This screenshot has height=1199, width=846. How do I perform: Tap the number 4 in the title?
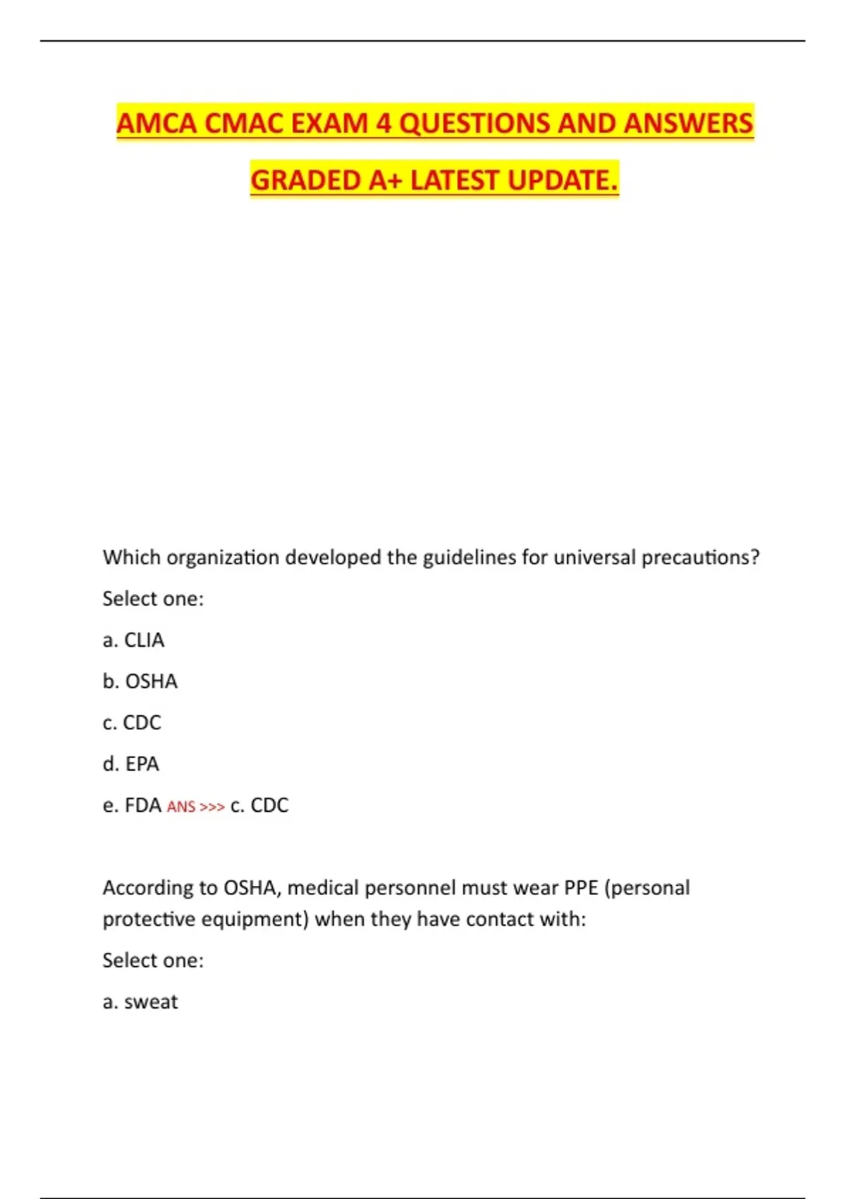(x=383, y=123)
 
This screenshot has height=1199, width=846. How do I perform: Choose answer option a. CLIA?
(x=133, y=640)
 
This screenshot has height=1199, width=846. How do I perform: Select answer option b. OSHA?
(x=140, y=681)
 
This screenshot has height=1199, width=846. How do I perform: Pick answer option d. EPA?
(x=130, y=764)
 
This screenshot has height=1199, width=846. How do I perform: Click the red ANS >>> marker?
(x=195, y=806)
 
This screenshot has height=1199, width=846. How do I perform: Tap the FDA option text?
(x=142, y=805)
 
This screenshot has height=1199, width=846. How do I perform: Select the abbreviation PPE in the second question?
(x=581, y=887)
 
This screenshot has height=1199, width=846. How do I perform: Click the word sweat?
(x=151, y=1002)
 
